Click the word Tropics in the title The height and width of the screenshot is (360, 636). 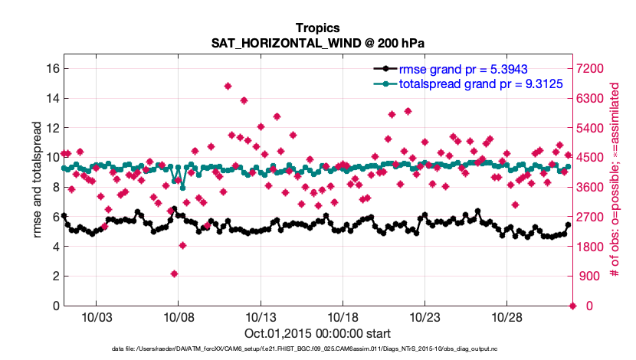click(x=317, y=28)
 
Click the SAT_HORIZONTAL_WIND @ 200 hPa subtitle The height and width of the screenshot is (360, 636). click(x=317, y=43)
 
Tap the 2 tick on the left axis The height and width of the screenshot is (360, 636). click(x=54, y=276)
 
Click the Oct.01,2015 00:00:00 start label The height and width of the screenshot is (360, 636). click(x=317, y=333)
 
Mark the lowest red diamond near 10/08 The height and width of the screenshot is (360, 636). click(x=175, y=273)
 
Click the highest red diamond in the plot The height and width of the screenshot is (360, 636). click(x=228, y=86)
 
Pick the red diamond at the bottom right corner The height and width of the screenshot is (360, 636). click(x=572, y=306)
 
